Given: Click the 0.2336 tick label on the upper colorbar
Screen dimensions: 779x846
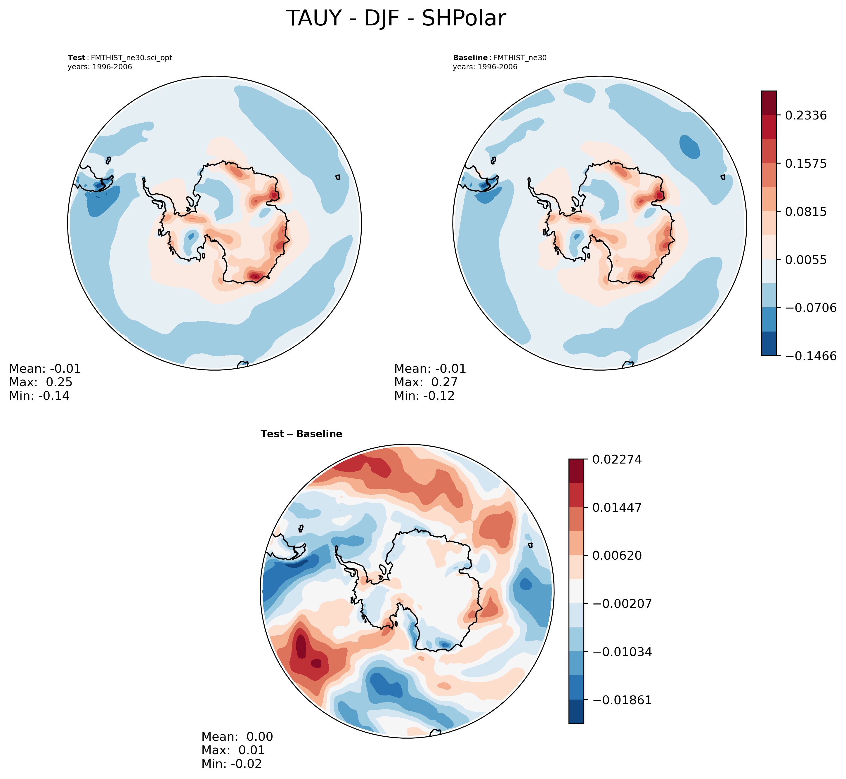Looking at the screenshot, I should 805,115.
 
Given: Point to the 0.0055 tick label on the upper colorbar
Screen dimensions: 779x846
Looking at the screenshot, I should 805,260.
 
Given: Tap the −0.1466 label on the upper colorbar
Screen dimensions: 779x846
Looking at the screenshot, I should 810,356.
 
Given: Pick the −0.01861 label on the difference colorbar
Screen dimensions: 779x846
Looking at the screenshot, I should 622,700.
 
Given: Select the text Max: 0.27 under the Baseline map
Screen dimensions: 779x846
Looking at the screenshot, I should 426,382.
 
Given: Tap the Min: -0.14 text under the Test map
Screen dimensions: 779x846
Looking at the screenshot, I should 39,396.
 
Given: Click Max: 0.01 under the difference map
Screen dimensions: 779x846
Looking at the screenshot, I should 233,750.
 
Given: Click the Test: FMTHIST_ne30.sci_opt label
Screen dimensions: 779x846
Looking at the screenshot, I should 120,58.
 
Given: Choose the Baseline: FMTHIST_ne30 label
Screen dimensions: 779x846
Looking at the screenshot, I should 500,58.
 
